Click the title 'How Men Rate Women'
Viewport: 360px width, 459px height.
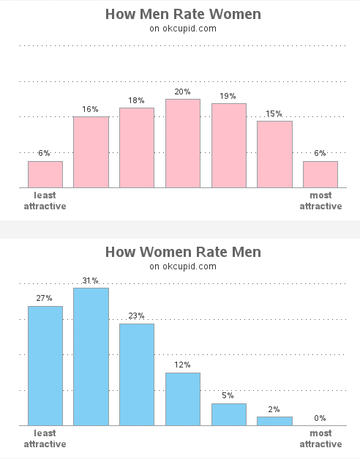(x=182, y=14)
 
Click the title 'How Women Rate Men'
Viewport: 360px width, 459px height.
(x=182, y=252)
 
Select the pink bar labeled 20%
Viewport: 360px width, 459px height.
(x=183, y=143)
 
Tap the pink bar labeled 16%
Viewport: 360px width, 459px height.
(x=91, y=152)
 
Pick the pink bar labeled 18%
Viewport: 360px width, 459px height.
(x=137, y=148)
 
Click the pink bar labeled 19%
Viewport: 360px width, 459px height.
(x=229, y=146)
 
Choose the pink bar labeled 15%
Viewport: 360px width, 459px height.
(x=274, y=154)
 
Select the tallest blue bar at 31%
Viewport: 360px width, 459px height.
(x=91, y=357)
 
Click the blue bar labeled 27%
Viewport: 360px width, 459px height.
(x=45, y=365)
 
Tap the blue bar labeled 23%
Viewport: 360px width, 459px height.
(x=137, y=374)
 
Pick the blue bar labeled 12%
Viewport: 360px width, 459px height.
(x=183, y=399)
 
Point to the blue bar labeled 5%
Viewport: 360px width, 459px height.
(x=229, y=414)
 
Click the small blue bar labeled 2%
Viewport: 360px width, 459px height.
(x=274, y=421)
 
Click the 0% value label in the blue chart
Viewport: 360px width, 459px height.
(x=320, y=418)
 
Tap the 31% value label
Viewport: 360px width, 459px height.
(x=91, y=280)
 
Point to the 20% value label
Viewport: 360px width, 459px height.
(x=183, y=92)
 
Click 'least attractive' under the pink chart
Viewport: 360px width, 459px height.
(x=45, y=201)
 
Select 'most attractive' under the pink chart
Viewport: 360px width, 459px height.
(x=320, y=201)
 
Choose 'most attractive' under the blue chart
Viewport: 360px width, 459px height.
(x=320, y=439)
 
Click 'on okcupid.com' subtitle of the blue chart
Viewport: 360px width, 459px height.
(x=182, y=266)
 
